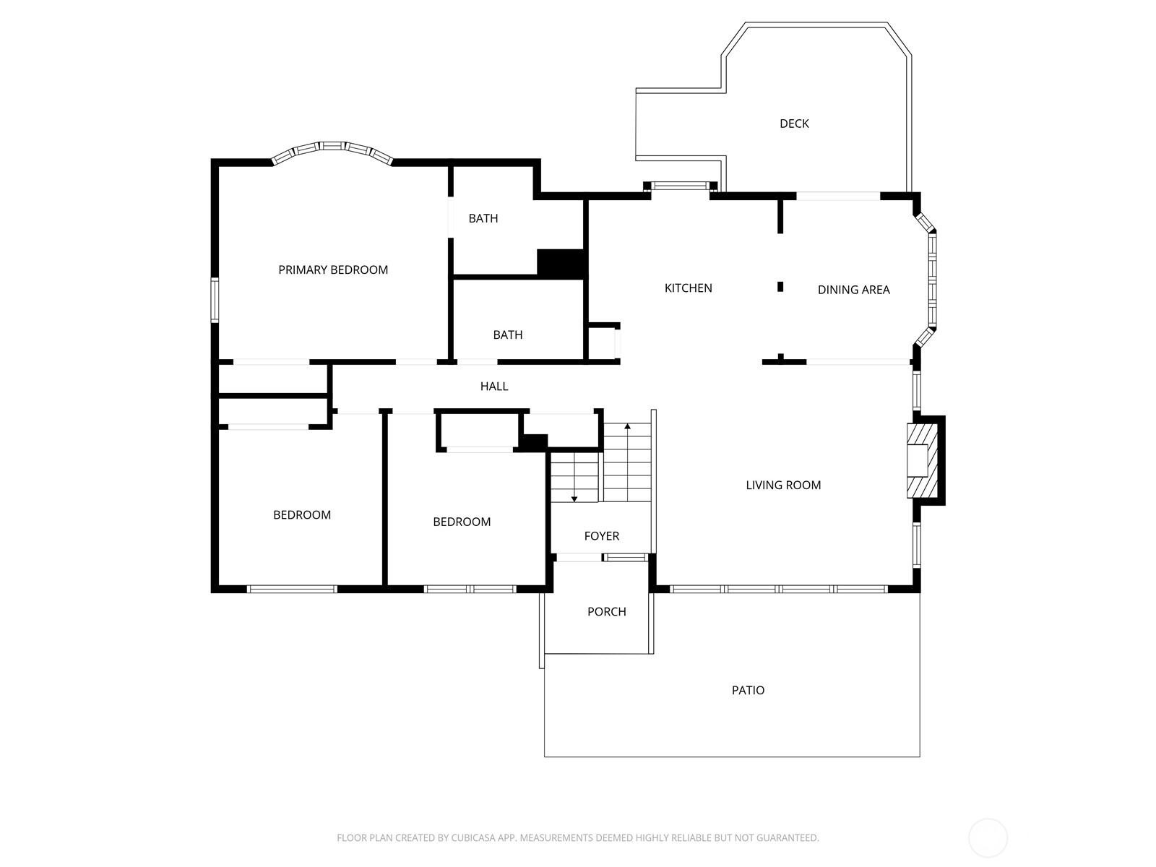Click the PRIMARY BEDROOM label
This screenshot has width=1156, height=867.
tap(333, 270)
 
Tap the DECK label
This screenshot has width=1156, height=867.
tap(794, 124)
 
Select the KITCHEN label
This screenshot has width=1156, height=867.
tap(688, 288)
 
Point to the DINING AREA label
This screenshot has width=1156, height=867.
tap(854, 290)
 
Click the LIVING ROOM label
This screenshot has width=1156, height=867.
tap(783, 486)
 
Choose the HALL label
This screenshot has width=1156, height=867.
tap(494, 387)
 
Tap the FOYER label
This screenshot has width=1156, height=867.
tap(601, 536)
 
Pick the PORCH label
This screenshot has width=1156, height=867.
tap(607, 612)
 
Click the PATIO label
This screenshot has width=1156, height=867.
tap(748, 690)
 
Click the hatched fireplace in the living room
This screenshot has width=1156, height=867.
tap(922, 461)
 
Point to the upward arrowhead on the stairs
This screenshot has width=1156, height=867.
tap(627, 427)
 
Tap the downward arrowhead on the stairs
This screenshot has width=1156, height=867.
tap(574, 499)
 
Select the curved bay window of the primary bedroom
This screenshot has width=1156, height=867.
tap(332, 148)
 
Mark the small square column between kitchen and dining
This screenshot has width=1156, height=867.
tap(780, 287)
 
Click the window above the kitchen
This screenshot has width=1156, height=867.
tap(680, 186)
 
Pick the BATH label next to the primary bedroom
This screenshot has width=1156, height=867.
tap(483, 218)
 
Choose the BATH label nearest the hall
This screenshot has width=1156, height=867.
tap(508, 335)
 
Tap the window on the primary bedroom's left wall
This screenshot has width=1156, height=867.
tap(215, 300)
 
